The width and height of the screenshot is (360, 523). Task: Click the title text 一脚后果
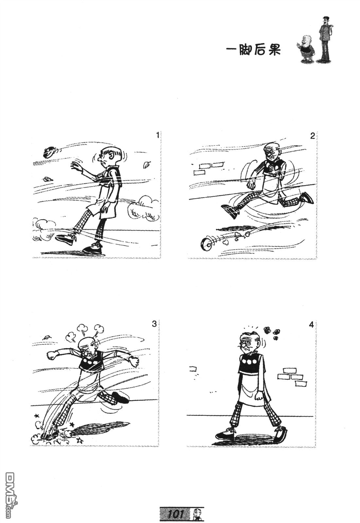(253, 50)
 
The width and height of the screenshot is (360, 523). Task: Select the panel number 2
(312, 136)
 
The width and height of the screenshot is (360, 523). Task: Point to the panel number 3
(154, 324)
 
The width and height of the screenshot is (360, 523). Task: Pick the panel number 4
(311, 325)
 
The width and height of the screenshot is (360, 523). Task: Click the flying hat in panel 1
(49, 152)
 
